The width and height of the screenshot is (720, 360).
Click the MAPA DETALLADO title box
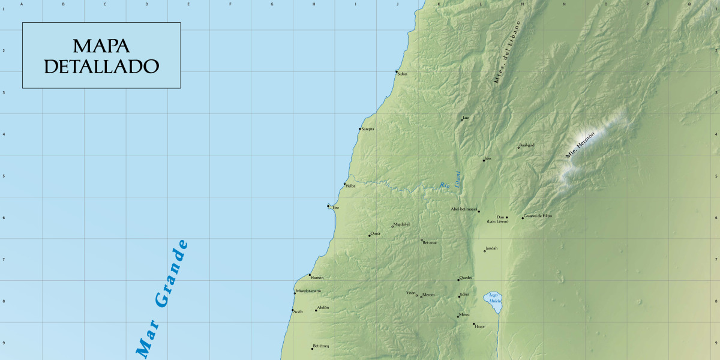pos(101,56)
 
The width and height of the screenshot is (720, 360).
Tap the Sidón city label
pos(403,74)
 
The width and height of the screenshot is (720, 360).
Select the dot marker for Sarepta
pos(360,129)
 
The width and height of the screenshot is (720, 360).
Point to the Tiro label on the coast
pos(335,208)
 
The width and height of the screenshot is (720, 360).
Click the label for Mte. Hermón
pos(580,145)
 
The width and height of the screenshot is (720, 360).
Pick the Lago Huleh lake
pos(493,302)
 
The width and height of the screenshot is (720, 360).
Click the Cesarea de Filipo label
pos(538,216)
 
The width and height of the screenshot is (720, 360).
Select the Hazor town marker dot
pos(473,324)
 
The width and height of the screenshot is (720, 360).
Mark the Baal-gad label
pos(527,145)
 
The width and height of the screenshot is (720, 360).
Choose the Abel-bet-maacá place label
pos(463,209)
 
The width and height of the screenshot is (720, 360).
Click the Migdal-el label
pos(401,224)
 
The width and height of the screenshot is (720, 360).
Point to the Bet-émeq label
pos(322,346)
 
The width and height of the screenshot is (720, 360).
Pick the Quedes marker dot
pos(458,280)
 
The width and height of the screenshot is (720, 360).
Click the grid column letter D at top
pos(146,4)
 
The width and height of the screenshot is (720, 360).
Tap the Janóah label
pos(492,248)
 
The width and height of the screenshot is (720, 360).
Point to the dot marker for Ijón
pos(484,160)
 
